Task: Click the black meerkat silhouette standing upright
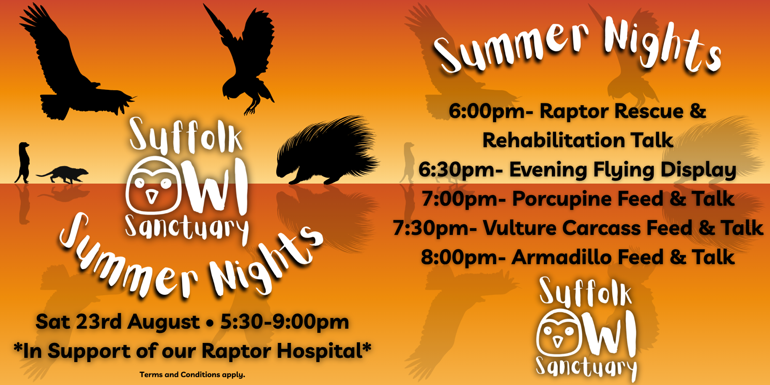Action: tap(23, 162)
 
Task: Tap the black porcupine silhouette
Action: tap(327, 150)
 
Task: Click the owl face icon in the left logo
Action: tap(153, 185)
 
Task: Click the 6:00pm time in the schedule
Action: tap(490, 111)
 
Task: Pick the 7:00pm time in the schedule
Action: tap(463, 199)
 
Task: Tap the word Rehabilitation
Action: tap(553, 140)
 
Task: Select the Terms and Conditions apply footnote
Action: tap(192, 375)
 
